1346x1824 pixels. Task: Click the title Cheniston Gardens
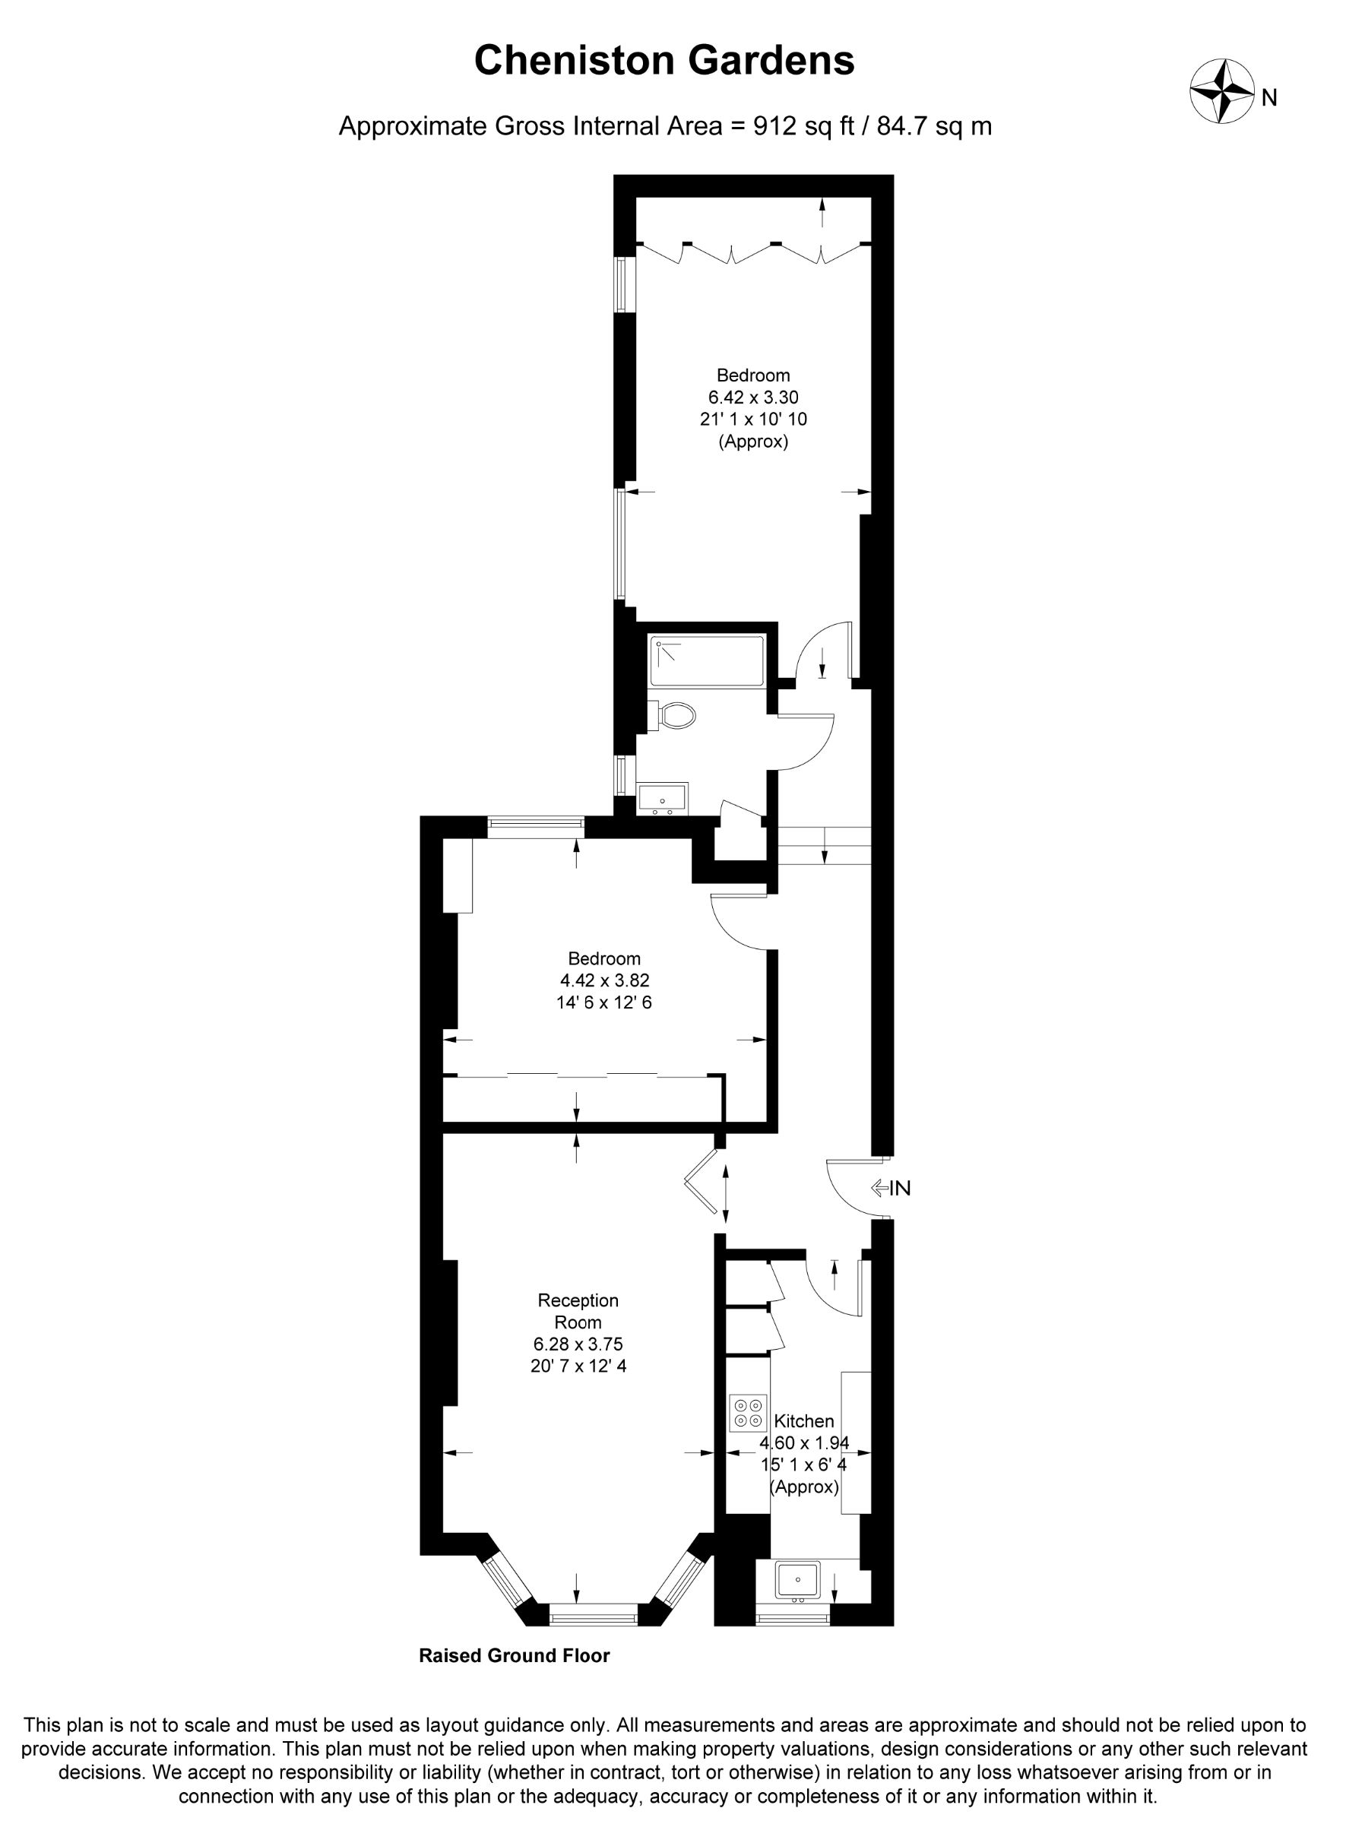(664, 61)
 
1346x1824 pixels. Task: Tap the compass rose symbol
(1221, 91)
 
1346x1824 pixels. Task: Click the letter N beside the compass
(1268, 99)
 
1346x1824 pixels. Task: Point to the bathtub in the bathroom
(708, 660)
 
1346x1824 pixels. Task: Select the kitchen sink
(798, 1580)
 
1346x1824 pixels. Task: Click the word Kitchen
(803, 1420)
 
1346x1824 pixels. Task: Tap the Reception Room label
(578, 1311)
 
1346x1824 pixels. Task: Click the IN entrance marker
(891, 1189)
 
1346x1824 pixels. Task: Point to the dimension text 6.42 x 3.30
(753, 397)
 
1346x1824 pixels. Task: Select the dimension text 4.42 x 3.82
(603, 980)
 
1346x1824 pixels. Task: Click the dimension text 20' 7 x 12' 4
(578, 1366)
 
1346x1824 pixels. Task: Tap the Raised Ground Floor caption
(514, 1655)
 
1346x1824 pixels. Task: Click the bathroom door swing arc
(819, 751)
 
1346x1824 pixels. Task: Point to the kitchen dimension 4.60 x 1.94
(805, 1442)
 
